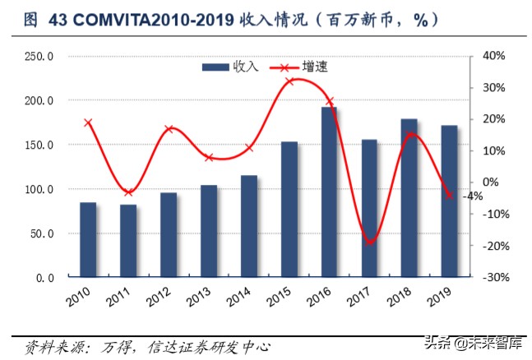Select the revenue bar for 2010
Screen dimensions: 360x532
pyautogui.click(x=88, y=240)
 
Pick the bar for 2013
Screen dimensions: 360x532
pyautogui.click(x=209, y=231)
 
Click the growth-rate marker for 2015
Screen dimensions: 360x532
pyautogui.click(x=289, y=81)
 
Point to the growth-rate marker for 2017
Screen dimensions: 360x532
pyautogui.click(x=370, y=242)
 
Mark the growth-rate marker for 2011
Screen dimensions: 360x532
pyautogui.click(x=128, y=192)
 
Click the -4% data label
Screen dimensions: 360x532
pyautogui.click(x=472, y=196)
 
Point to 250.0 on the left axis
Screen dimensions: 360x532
pyautogui.click(x=39, y=56)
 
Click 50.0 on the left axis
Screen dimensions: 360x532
pyautogui.click(x=41, y=233)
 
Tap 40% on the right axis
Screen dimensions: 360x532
pyautogui.click(x=493, y=56)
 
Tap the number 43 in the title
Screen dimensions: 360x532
pyautogui.click(x=58, y=21)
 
